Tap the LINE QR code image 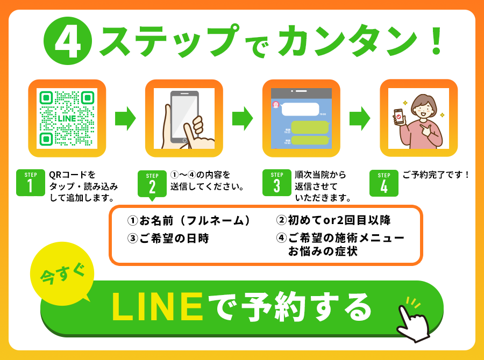point(67,118)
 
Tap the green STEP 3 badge point(277,183)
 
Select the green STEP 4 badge point(383,183)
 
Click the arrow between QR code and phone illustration point(125,118)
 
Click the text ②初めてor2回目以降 point(333,221)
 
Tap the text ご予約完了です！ point(436,175)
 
